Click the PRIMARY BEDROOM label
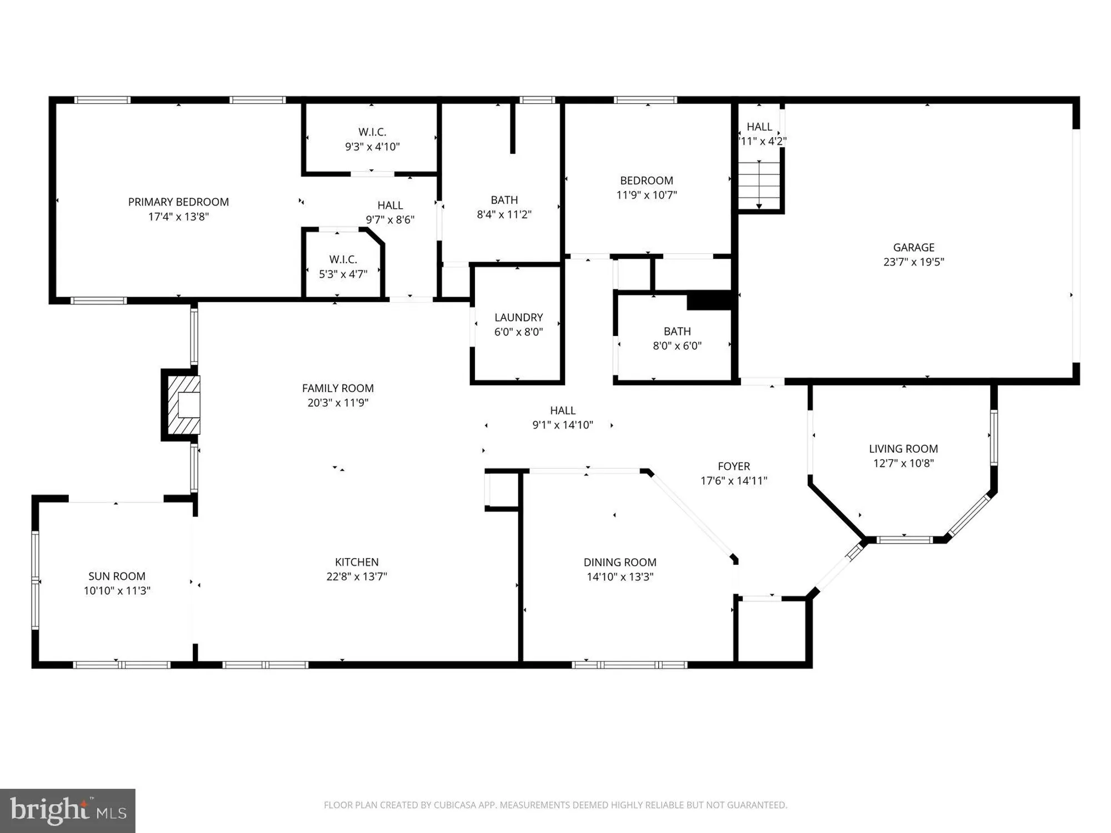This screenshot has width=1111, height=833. [x=178, y=202]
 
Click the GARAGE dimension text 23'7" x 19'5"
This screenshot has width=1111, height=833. [x=913, y=262]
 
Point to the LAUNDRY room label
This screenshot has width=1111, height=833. [x=518, y=318]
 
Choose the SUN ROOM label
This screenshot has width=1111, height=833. [x=117, y=576]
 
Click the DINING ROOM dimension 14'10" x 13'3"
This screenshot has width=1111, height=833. [x=620, y=577]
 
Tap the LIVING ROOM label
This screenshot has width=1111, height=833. [x=903, y=449]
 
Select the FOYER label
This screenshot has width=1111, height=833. [x=733, y=466]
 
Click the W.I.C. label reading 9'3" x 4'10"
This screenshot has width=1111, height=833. [x=372, y=132]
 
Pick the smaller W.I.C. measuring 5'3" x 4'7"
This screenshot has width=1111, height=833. [x=343, y=260]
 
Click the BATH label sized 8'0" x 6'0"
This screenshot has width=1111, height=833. [x=677, y=332]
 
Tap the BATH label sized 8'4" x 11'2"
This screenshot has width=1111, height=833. [x=504, y=200]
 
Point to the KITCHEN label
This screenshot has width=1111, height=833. [x=357, y=562]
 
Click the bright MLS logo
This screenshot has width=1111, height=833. [x=68, y=810]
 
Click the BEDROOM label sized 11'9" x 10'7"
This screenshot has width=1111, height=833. [x=647, y=180]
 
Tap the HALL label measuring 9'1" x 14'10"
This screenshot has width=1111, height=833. [x=563, y=410]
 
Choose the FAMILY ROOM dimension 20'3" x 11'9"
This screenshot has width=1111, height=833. [x=338, y=403]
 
